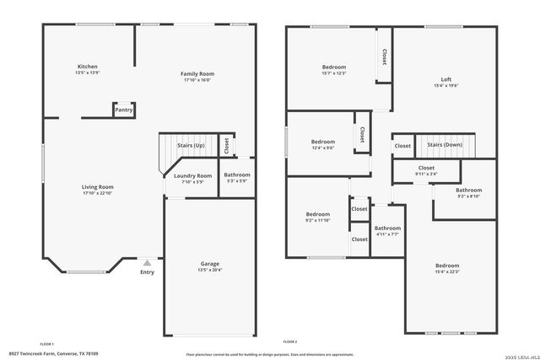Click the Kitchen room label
(88, 67)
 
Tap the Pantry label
(123, 110)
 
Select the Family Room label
(197, 74)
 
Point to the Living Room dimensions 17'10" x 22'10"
(97, 194)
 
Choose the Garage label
(209, 264)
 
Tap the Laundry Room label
(193, 175)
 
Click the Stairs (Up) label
(190, 146)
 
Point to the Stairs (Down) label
(444, 145)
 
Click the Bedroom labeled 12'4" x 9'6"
(322, 142)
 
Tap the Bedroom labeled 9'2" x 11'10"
(317, 214)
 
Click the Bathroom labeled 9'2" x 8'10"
(468, 191)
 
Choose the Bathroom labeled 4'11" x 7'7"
(387, 228)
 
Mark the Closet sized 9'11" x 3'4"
(426, 168)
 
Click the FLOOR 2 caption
(290, 341)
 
